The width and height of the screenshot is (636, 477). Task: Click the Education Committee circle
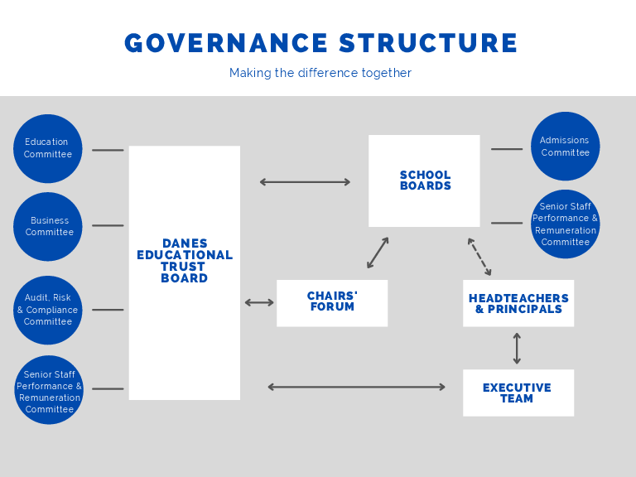(x=48, y=148)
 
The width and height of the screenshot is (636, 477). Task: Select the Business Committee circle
(x=48, y=226)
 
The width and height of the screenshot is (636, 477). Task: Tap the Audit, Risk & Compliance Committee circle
(x=48, y=310)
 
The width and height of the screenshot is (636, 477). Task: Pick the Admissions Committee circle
(x=565, y=147)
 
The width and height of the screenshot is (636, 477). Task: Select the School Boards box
(x=424, y=181)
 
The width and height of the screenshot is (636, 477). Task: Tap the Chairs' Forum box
(x=332, y=302)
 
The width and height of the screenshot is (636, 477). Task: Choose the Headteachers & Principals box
(x=518, y=303)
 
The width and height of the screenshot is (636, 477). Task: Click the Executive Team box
(x=518, y=393)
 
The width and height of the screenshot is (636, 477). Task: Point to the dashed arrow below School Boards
(x=479, y=257)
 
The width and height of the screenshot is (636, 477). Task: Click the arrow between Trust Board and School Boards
(x=305, y=182)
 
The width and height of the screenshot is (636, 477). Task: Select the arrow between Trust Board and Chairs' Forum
(x=259, y=303)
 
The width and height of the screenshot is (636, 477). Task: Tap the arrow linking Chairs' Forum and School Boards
(x=378, y=253)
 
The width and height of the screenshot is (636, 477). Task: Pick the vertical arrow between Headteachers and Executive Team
(x=517, y=349)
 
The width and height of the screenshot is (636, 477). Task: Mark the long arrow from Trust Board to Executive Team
(x=356, y=387)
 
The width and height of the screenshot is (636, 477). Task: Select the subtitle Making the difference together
(x=320, y=73)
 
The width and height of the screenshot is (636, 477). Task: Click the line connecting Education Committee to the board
(x=108, y=150)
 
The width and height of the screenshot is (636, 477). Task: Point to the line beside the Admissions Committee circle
(x=507, y=149)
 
